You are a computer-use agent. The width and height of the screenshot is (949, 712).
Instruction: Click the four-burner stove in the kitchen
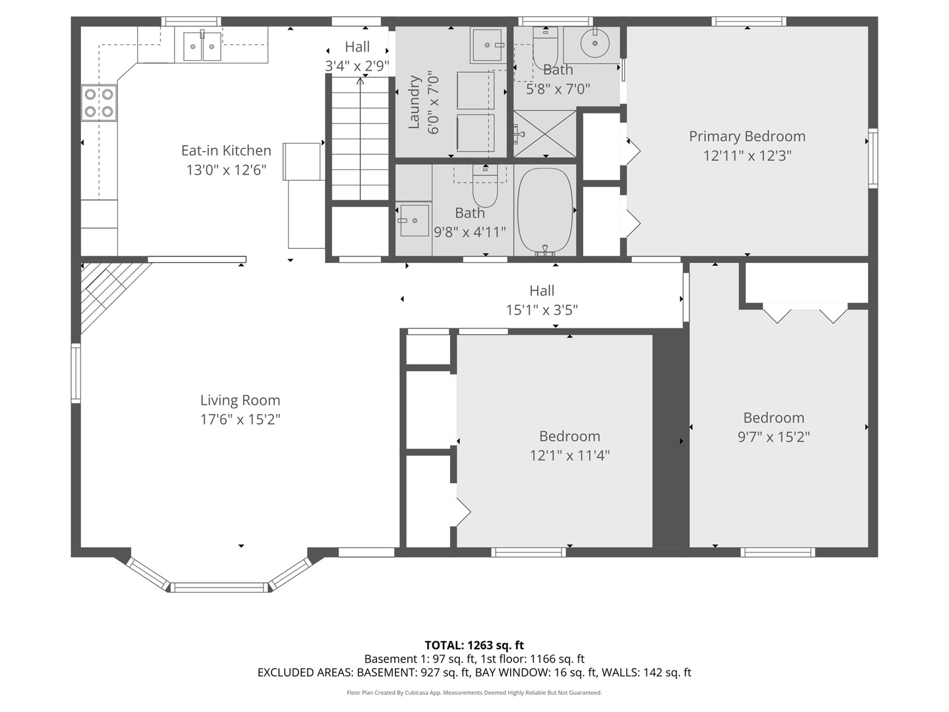(x=99, y=103)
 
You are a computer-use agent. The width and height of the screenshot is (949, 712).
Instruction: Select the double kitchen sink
(x=202, y=45)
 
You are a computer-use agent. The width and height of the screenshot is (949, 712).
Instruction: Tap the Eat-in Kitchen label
(x=226, y=151)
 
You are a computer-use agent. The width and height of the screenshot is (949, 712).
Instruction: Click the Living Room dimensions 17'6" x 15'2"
(x=241, y=419)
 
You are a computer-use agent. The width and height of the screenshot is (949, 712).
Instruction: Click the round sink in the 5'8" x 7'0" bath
(x=595, y=43)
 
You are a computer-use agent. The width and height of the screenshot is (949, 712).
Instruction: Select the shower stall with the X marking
(x=544, y=134)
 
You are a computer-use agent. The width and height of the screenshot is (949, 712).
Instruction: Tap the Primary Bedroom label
(x=747, y=136)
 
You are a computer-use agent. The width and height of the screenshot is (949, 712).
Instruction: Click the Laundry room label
(x=415, y=102)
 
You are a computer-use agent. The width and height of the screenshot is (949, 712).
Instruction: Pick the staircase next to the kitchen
(x=360, y=138)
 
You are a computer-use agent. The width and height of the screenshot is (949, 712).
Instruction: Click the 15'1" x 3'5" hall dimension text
(x=542, y=310)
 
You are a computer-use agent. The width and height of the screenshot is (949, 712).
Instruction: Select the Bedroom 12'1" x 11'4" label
(x=569, y=436)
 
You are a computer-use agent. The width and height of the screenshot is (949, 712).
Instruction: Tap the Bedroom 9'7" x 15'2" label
(x=774, y=418)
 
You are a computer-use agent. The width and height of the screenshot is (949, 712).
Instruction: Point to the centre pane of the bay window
(x=220, y=587)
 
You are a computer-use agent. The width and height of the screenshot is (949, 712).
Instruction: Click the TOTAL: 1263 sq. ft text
(x=474, y=645)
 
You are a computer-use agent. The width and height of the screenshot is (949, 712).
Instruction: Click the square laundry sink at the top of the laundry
(x=488, y=44)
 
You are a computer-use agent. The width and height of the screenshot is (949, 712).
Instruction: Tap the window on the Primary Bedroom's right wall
(x=873, y=158)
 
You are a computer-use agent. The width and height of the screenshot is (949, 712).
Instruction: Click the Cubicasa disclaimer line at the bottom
(x=474, y=693)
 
